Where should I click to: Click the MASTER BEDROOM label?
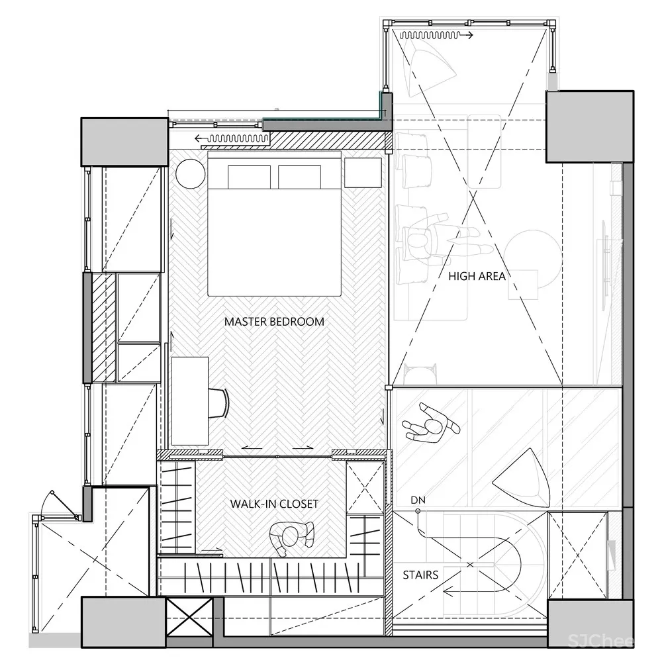click(x=274, y=322)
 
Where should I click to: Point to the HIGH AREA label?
click(x=477, y=276)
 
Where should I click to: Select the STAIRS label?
click(x=420, y=575)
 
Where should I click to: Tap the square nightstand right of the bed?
click(x=363, y=172)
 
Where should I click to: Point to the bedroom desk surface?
click(x=190, y=401)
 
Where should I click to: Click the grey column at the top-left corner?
click(x=124, y=142)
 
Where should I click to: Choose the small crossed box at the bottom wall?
click(x=189, y=618)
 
